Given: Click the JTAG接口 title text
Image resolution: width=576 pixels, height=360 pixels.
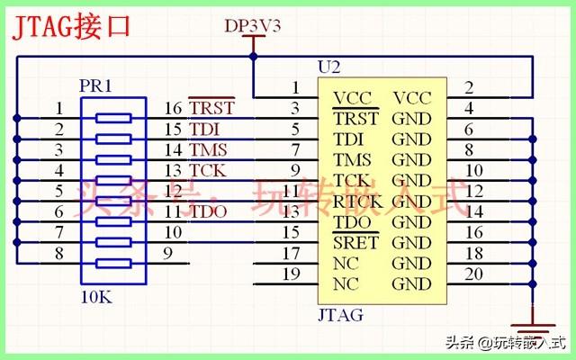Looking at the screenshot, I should point(71,25).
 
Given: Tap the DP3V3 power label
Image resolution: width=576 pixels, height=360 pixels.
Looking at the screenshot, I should point(253,26).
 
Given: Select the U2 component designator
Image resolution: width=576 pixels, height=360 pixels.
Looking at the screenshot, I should point(330,67).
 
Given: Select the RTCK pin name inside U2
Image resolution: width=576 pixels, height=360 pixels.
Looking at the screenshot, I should point(357,202).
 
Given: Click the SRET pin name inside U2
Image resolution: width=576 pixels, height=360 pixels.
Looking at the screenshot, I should point(355,243).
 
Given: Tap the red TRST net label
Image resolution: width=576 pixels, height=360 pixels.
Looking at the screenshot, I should point(211,108).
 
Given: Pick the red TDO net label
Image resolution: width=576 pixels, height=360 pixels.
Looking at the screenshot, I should point(208,211).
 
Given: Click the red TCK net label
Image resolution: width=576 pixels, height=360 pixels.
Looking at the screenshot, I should point(208,170).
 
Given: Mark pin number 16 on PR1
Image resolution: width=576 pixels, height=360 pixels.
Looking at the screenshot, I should point(174,108).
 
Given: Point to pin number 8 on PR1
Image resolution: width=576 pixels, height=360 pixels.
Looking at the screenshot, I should point(58,254).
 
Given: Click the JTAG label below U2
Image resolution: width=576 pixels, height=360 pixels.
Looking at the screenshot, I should point(340,315).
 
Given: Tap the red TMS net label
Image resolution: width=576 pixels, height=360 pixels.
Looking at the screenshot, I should point(208,149).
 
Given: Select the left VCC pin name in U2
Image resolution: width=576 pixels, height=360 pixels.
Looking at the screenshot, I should point(352,97).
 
